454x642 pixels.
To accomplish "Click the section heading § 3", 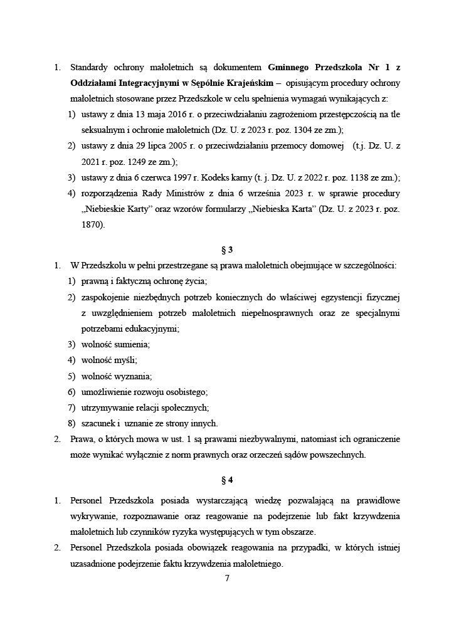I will click(x=227, y=249).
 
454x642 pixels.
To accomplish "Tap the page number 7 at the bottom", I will click(x=227, y=578).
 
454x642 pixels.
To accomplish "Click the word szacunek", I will click(x=98, y=423).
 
